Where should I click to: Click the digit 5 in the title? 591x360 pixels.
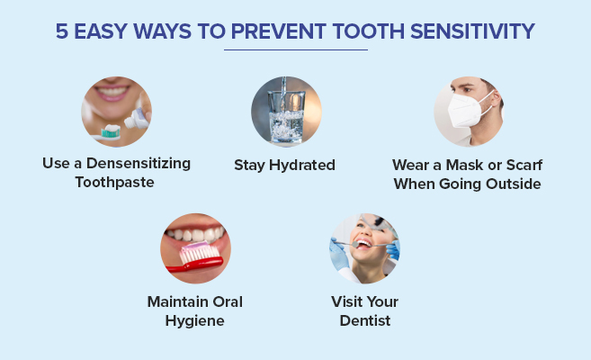(x=62, y=33)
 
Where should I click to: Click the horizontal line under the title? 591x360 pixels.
(x=295, y=49)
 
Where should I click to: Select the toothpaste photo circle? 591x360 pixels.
(x=116, y=112)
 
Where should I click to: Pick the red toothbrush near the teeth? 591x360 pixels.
(x=199, y=257)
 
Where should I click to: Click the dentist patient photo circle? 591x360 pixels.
(x=364, y=248)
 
